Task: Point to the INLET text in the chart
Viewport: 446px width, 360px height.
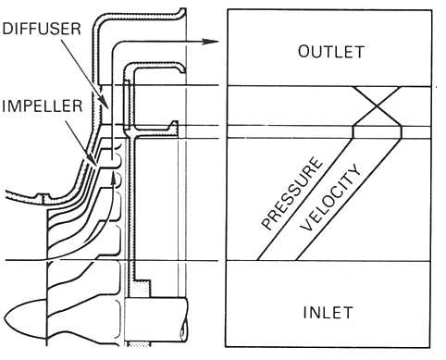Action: click(330, 312)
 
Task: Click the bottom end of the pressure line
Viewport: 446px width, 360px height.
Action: click(262, 260)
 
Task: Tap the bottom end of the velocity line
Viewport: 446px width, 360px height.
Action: click(301, 260)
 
